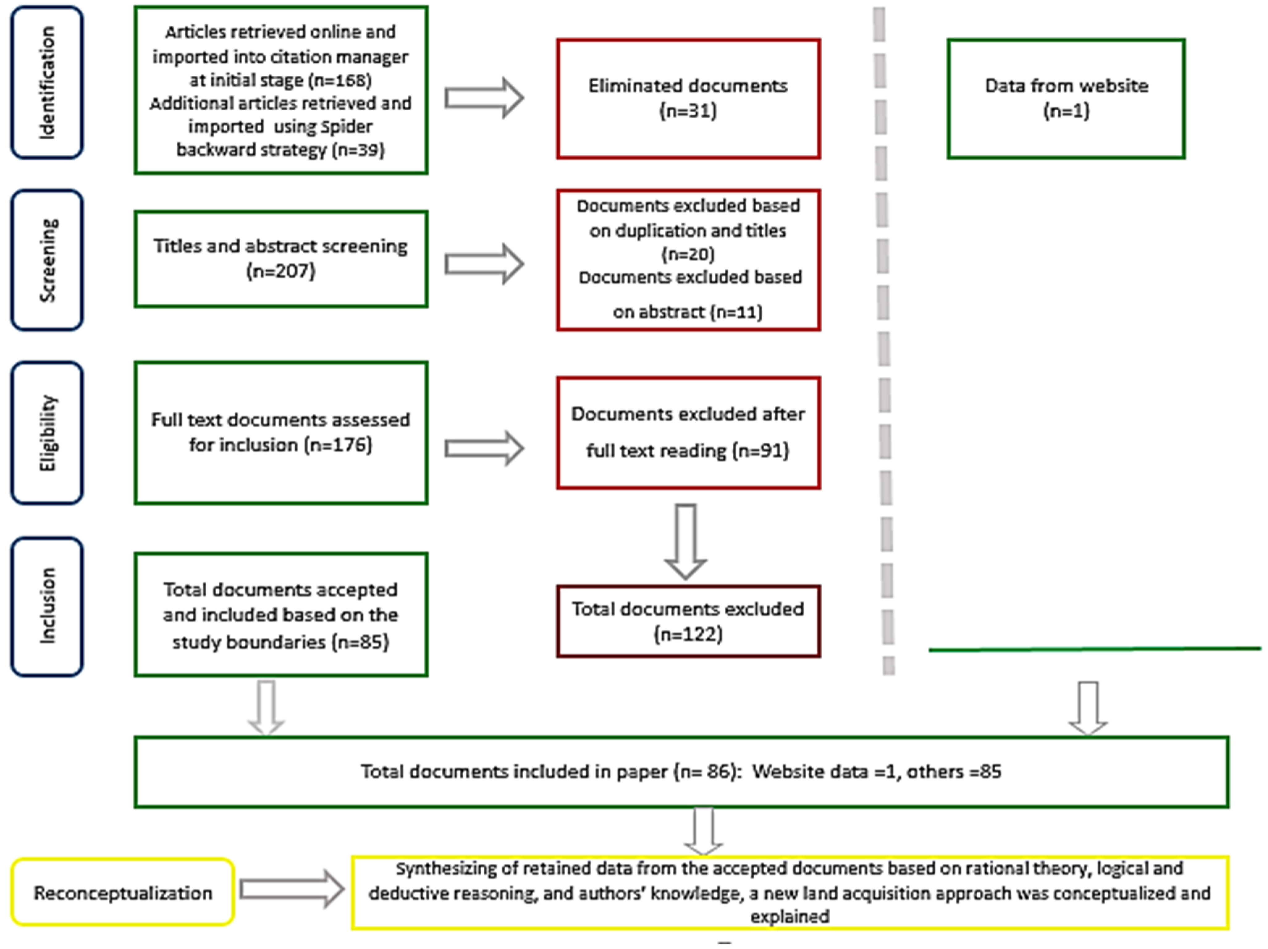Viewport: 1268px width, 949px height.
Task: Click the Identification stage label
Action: click(x=47, y=82)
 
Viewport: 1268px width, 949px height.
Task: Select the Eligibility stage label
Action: click(x=47, y=433)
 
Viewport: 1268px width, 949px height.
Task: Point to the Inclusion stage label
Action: click(x=47, y=607)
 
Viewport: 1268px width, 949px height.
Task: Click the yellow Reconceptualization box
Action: click(x=123, y=892)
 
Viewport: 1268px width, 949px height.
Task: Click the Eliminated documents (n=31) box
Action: click(x=688, y=99)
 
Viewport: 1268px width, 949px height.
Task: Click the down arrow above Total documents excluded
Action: click(x=686, y=541)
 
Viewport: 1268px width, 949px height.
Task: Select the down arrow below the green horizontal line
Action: click(x=1088, y=707)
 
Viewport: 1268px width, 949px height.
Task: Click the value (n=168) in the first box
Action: click(x=340, y=80)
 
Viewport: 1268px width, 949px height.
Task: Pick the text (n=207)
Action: click(x=281, y=271)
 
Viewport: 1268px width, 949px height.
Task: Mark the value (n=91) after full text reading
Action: click(x=761, y=451)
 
